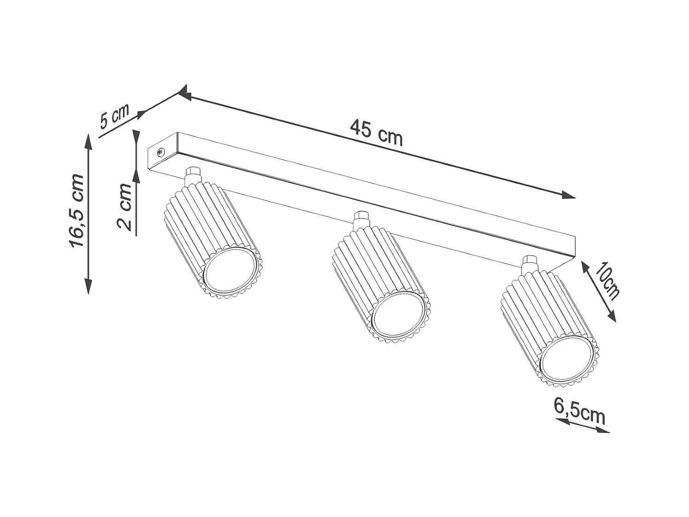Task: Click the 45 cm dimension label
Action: point(376,132)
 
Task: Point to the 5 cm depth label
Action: point(114,117)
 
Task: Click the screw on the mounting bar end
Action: point(161,152)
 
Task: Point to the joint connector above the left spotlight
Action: point(193,176)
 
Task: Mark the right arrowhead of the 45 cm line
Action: point(569,196)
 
